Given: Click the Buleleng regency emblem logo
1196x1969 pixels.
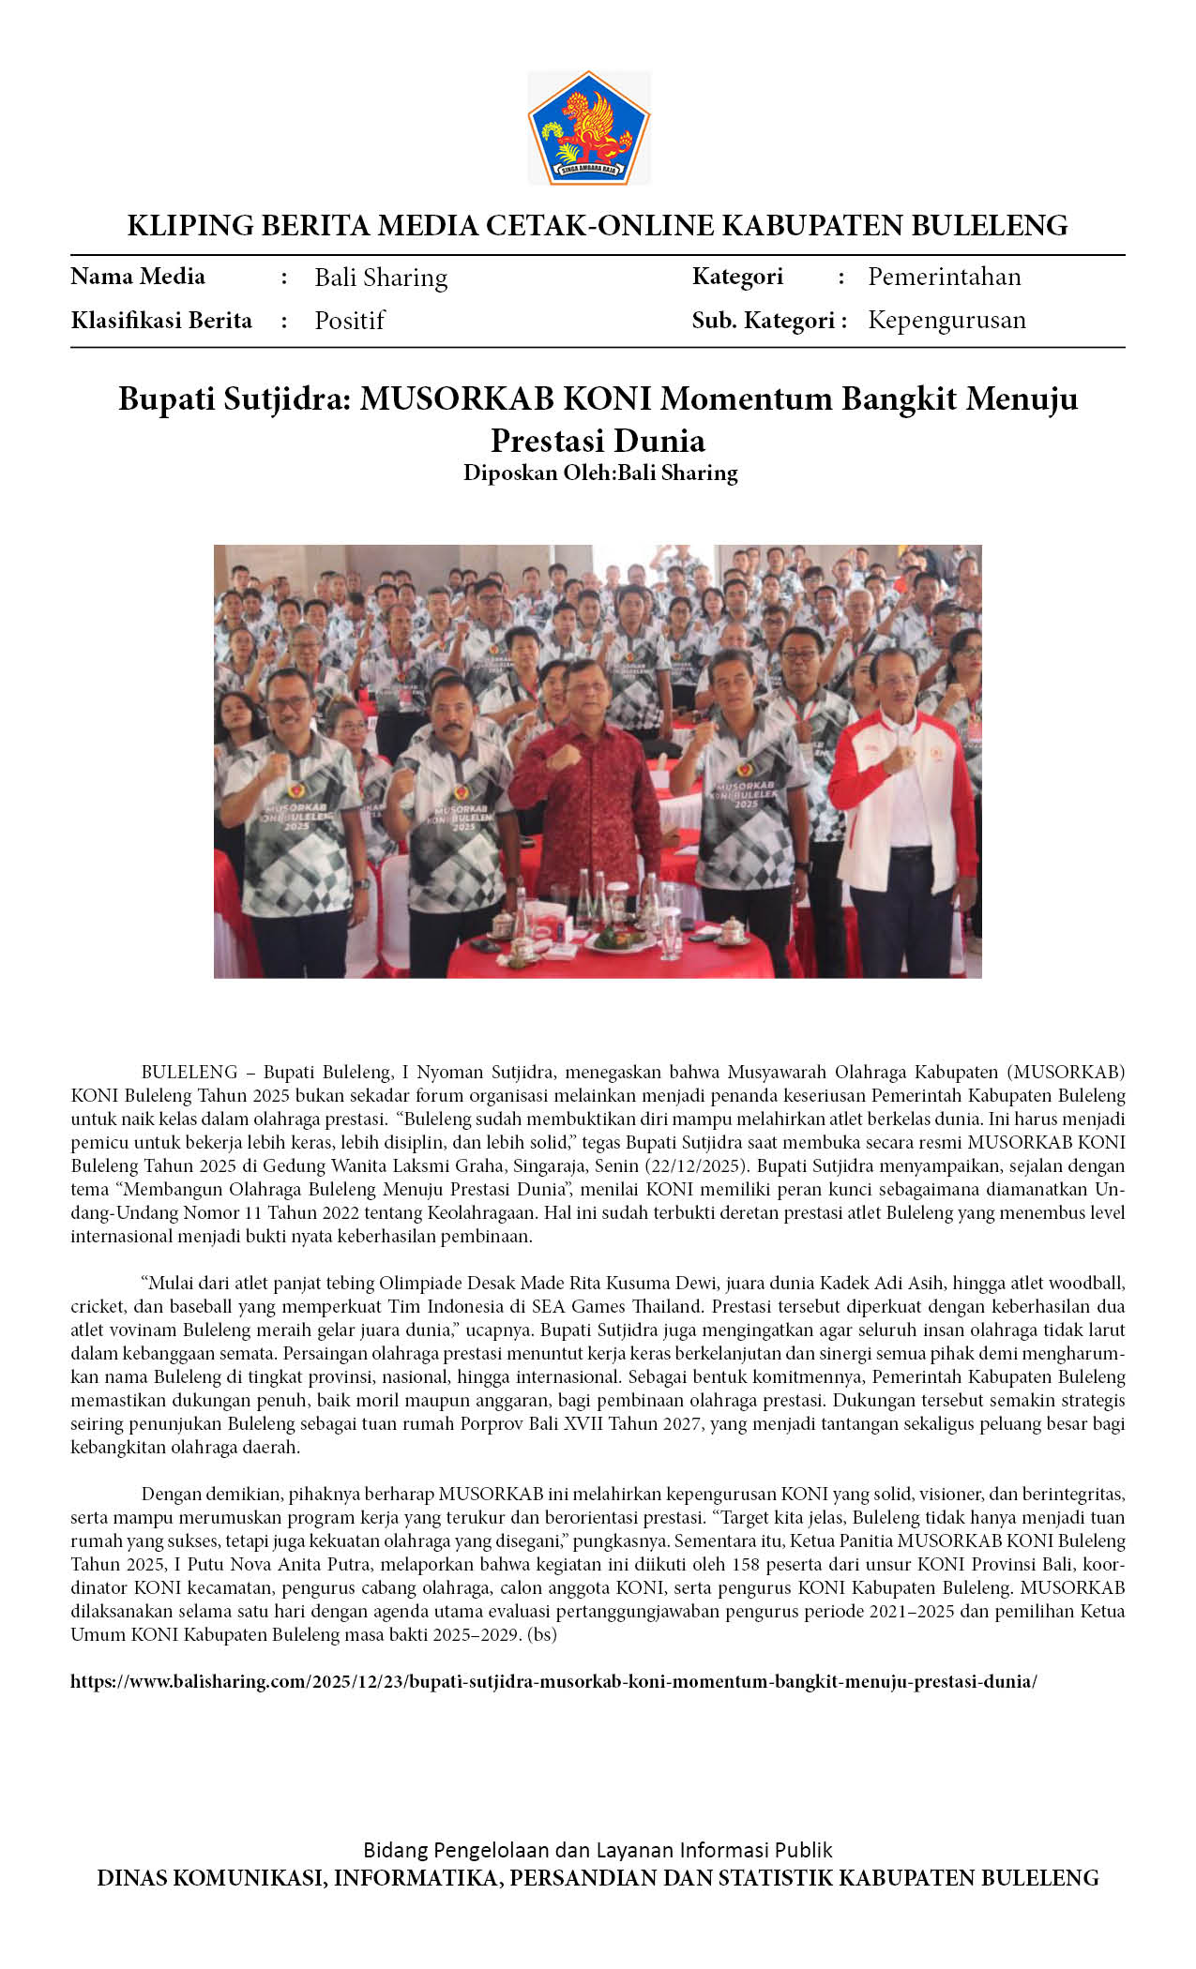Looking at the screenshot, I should point(588,128).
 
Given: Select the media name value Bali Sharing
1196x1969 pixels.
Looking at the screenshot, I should point(381,278).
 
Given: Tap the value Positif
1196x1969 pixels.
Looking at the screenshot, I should point(349,321).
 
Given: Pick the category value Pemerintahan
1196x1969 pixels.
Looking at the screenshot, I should point(944,277).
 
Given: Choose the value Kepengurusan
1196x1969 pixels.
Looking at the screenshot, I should point(946,320).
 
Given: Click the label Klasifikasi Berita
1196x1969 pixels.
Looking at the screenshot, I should point(161,321).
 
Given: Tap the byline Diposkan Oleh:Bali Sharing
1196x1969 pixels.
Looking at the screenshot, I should point(600,473).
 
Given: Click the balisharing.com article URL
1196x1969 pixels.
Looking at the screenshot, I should point(553,1681).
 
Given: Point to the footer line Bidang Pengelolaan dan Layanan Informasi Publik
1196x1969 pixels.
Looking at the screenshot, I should point(598,1850).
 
